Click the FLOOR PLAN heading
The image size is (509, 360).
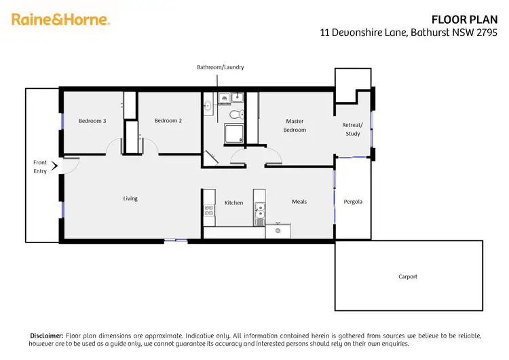point(470,20)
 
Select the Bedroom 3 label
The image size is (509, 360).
point(92,121)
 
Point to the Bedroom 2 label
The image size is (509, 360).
point(168,121)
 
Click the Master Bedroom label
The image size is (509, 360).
point(295,126)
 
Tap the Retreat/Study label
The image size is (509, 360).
point(353,129)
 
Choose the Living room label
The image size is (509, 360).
point(130,198)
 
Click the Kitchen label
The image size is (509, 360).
point(233,202)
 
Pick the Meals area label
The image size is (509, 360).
point(299,201)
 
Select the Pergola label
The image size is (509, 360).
point(353,202)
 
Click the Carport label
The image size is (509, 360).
point(408,276)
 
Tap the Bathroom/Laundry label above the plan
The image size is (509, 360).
point(220,67)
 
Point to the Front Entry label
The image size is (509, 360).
point(40,166)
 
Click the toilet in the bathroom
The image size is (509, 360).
point(235,113)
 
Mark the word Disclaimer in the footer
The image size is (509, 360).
point(46,336)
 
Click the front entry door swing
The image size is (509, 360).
point(71,164)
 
